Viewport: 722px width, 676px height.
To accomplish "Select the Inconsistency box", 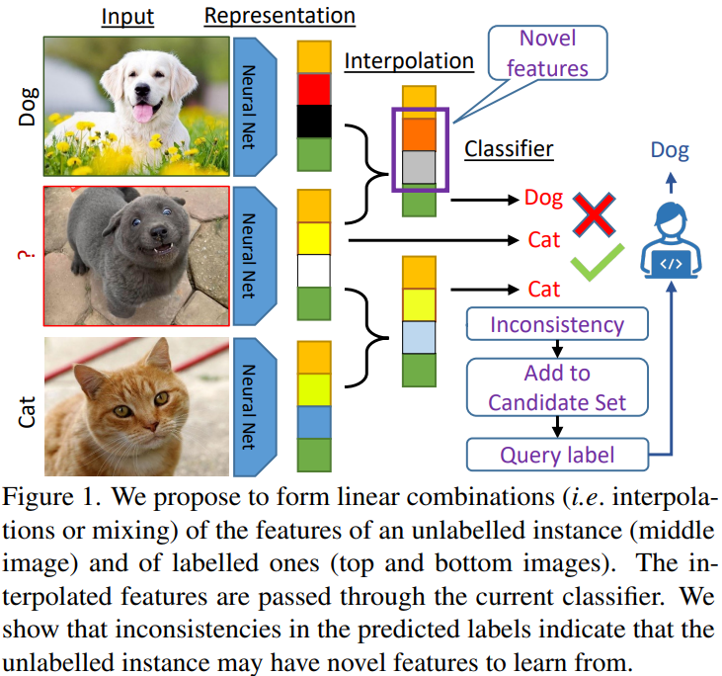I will point(557,324).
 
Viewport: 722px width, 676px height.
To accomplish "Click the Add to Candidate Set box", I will point(557,387).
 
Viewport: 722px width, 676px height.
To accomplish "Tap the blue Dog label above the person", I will point(670,151).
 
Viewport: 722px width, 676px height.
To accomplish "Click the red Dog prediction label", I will point(544,199).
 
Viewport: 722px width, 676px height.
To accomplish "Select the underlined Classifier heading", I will point(509,150).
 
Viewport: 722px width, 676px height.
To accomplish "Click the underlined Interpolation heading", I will point(409,62).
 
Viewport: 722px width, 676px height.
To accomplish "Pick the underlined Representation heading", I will point(280,17).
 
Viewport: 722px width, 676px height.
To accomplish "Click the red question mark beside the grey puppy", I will point(21,257).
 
